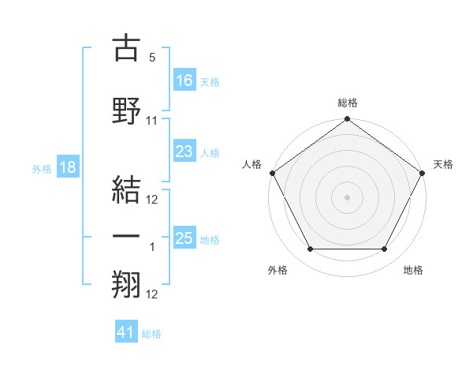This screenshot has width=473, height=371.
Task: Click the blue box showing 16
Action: click(184, 80)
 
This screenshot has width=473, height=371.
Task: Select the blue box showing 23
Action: click(184, 152)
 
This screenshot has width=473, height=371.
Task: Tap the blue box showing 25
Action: click(184, 238)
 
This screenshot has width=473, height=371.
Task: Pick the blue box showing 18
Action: click(68, 167)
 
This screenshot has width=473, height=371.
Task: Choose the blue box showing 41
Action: click(126, 333)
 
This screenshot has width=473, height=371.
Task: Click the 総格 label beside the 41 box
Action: click(151, 334)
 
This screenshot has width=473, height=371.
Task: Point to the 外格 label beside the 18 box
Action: click(42, 168)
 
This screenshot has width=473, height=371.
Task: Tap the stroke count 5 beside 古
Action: click(152, 58)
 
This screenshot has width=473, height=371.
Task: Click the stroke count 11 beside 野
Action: click(152, 121)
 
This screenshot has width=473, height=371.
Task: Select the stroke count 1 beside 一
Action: click(152, 247)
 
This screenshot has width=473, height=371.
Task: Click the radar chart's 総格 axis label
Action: click(348, 103)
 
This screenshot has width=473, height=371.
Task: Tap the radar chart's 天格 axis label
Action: click(443, 164)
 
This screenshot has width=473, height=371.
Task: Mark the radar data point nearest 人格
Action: click(272, 172)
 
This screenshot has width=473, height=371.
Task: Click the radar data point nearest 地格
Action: click(385, 249)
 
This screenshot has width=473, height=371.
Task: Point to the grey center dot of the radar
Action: click(347, 197)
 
